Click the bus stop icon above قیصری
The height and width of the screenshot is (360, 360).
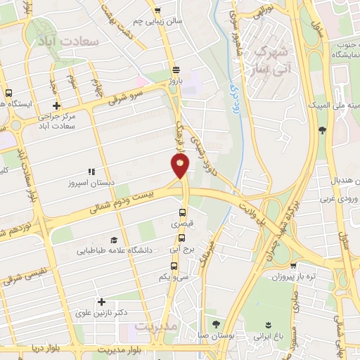pyautogui.click(x=183, y=212)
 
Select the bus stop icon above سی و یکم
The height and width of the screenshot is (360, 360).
pyautogui.click(x=174, y=266)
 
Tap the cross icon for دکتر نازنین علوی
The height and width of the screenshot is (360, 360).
pyautogui.click(x=103, y=301)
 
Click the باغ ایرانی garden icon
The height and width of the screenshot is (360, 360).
pyautogui.click(x=267, y=323)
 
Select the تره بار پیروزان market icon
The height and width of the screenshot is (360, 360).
pyautogui.click(x=292, y=266)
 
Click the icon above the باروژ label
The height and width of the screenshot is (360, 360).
pyautogui.click(x=175, y=70)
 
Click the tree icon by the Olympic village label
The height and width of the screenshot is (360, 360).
pyautogui.click(x=322, y=129)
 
